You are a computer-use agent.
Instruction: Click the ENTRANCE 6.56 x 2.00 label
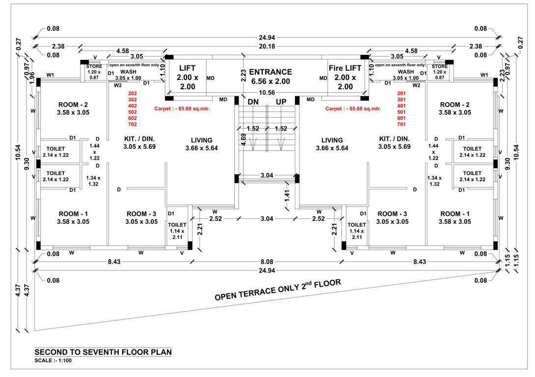click(270, 77)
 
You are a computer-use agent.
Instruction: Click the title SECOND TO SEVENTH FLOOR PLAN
click(103, 352)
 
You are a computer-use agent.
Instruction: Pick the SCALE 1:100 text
click(53, 361)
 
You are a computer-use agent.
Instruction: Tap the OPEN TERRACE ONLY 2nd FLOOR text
click(278, 290)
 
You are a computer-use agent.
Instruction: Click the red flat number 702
click(132, 125)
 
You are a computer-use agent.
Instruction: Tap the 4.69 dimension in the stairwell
click(243, 141)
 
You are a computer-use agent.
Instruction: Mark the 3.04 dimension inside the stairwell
click(267, 175)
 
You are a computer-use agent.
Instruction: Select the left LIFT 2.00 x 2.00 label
click(187, 77)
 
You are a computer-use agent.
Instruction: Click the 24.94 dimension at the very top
click(267, 37)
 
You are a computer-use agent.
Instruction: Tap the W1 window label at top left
click(50, 75)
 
